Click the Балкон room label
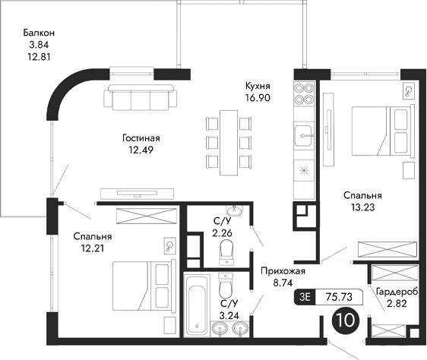click(38, 33)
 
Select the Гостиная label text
click(141, 138)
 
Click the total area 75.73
click(340, 298)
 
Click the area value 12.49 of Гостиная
click(141, 150)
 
